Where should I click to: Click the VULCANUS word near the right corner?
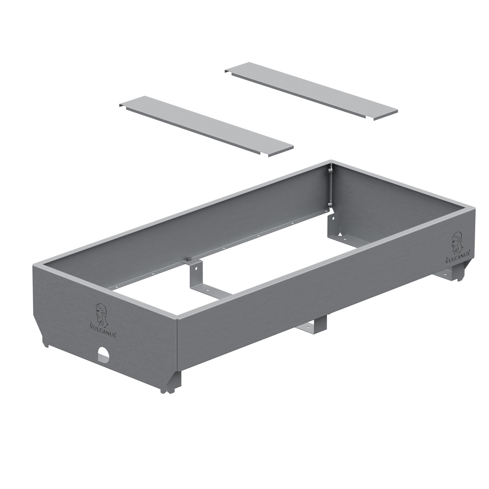point(458,258)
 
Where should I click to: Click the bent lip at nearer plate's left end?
point(122,104)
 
